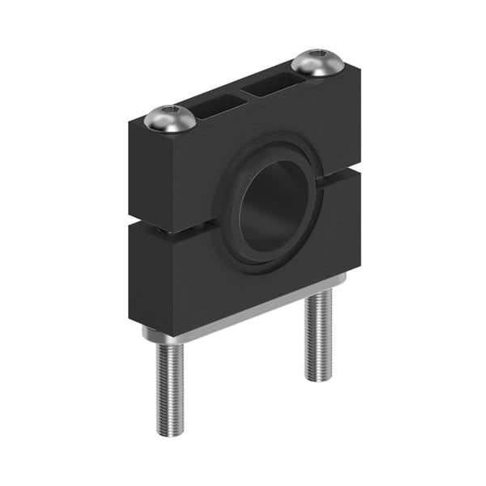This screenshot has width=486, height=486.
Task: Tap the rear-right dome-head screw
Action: [x=318, y=63]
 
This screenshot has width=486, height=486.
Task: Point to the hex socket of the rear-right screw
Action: [x=318, y=57]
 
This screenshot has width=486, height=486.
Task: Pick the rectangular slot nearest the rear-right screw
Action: [x=273, y=82]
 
